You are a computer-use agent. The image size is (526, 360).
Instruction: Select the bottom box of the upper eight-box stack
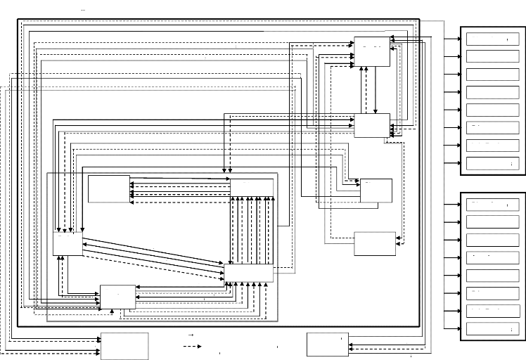492,163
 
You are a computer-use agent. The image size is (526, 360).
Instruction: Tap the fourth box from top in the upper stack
492,92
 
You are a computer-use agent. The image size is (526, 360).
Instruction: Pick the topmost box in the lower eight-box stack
492,205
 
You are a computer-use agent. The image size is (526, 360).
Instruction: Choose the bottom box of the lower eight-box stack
492,328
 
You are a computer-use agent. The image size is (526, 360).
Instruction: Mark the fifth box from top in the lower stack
492,275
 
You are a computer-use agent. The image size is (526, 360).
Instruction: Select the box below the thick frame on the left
124,345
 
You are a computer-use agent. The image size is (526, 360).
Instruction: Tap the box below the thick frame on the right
328,344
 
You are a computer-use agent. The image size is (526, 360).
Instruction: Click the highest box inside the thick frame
371,51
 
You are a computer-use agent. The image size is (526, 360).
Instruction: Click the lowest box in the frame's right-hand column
374,243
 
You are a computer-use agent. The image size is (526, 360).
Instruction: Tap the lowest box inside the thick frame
117,297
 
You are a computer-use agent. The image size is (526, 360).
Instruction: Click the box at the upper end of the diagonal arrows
68,244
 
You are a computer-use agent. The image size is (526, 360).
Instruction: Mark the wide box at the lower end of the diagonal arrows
249,274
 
